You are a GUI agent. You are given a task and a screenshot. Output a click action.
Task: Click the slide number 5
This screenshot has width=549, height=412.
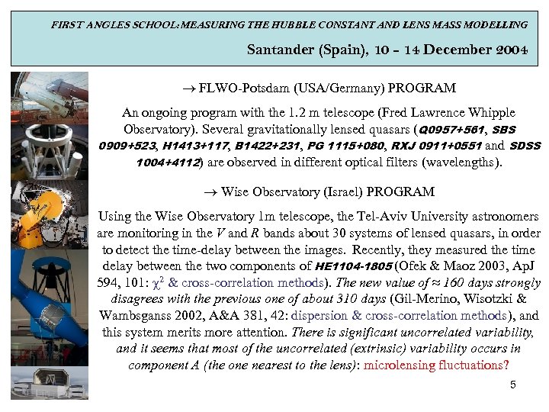pos(513,385)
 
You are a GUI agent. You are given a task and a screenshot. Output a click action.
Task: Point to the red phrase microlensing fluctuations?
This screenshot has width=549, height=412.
pos(436,365)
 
